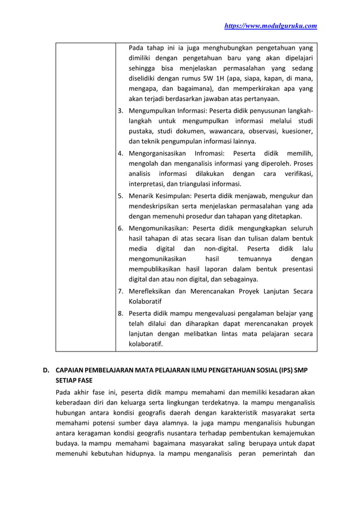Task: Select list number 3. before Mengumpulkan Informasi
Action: (121, 111)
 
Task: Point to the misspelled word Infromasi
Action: (208, 153)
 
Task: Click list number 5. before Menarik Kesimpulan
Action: (121, 196)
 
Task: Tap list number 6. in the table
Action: (121, 228)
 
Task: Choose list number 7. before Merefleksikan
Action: (121, 292)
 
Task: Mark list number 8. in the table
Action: (121, 313)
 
